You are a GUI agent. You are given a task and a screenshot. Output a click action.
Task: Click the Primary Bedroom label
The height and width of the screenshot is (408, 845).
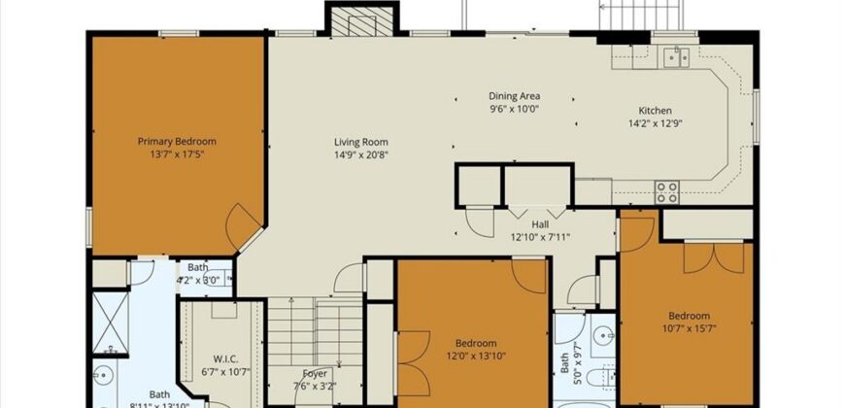click(176, 141)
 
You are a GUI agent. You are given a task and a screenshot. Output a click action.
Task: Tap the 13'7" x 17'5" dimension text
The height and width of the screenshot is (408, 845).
click(176, 153)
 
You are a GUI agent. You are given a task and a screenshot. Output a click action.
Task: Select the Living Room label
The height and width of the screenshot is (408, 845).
click(362, 142)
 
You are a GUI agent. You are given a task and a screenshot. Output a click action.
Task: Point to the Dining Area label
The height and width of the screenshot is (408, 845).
click(514, 96)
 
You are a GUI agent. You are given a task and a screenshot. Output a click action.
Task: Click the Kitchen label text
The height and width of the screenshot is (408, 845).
click(654, 111)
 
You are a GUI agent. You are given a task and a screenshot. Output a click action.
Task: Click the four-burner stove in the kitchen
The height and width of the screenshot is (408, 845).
click(666, 191)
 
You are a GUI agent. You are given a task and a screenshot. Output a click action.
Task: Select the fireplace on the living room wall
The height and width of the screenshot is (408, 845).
click(361, 19)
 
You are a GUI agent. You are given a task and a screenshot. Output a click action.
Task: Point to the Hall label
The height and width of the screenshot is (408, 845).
click(540, 223)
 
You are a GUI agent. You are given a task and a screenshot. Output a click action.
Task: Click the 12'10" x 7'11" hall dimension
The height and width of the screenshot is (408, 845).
click(540, 236)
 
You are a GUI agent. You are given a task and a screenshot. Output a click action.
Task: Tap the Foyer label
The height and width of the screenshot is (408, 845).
click(315, 373)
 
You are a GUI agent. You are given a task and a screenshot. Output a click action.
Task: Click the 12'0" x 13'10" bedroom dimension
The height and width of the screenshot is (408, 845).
click(476, 357)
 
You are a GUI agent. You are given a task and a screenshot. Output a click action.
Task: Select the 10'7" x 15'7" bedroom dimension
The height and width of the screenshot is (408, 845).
click(689, 328)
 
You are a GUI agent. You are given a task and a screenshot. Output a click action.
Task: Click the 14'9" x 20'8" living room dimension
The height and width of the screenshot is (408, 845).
click(362, 154)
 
